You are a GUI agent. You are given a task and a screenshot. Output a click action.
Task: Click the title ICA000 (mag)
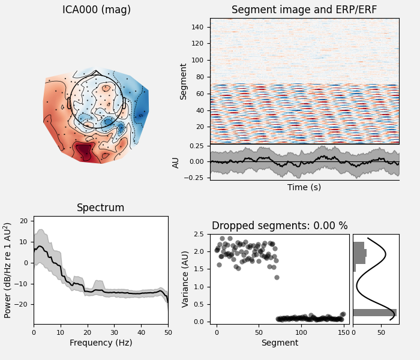[97, 10]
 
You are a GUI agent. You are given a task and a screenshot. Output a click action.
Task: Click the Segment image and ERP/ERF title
[304, 10]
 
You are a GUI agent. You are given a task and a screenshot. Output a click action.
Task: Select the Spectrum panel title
[101, 208]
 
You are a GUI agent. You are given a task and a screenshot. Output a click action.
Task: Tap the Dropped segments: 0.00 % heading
[280, 226]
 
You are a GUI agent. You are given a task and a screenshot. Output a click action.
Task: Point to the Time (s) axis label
[304, 187]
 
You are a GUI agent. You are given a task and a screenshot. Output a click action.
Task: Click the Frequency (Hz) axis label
[101, 343]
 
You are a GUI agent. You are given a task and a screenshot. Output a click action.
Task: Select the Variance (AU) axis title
[186, 279]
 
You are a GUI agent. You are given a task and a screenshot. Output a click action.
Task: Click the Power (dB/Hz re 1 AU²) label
[8, 270]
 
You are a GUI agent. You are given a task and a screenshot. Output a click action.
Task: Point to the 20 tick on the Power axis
[23, 221]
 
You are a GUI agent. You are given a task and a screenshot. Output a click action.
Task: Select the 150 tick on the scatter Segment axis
[343, 332]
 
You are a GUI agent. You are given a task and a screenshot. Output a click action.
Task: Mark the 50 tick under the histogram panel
[382, 332]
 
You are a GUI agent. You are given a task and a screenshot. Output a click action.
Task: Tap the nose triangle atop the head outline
[97, 73]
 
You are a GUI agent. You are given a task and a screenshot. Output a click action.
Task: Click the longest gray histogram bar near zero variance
[374, 313]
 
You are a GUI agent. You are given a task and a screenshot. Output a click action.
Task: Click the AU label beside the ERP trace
[176, 162]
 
